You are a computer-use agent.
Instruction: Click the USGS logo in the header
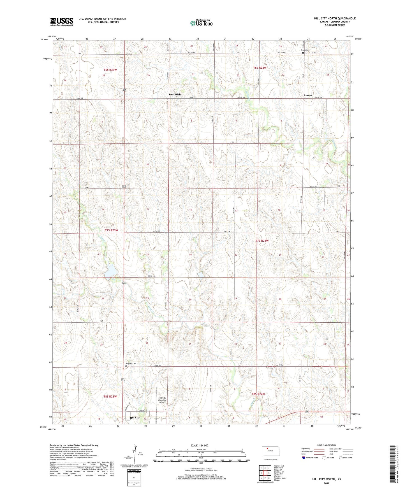61,22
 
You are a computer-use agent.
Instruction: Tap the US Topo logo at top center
201,23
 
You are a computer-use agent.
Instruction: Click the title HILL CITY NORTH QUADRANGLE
335,18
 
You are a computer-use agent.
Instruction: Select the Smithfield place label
175,94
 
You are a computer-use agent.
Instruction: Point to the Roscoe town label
308,95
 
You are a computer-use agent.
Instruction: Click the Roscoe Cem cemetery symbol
303,52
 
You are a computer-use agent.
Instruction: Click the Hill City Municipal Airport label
162,400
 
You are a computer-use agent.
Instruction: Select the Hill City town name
135,418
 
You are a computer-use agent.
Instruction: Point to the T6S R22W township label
260,68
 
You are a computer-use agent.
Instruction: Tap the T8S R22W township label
258,394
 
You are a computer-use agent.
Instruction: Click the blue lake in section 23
111,271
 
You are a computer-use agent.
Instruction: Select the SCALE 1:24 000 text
199,445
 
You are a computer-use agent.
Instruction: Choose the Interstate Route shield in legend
304,458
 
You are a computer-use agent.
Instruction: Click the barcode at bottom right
392,465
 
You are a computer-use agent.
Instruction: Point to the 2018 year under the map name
326,483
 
